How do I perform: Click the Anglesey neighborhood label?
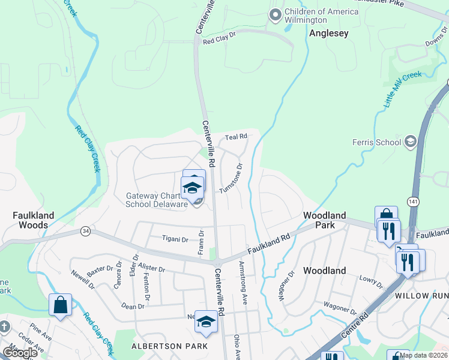coord(328,34)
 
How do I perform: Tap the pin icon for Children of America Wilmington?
coord(276,15)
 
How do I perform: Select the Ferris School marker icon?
coord(411,142)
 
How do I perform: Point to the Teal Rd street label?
coord(236,137)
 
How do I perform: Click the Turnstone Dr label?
coord(231,178)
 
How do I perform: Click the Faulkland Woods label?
coord(34,220)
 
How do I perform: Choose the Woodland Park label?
coord(324,220)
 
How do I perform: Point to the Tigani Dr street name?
coord(175,238)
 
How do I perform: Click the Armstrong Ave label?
coord(243,283)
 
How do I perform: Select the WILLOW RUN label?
coord(421,296)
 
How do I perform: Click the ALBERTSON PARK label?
coord(170,346)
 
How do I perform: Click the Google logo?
coord(19,353)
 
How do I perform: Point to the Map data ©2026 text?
coord(423,355)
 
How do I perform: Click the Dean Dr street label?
coord(133,306)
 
